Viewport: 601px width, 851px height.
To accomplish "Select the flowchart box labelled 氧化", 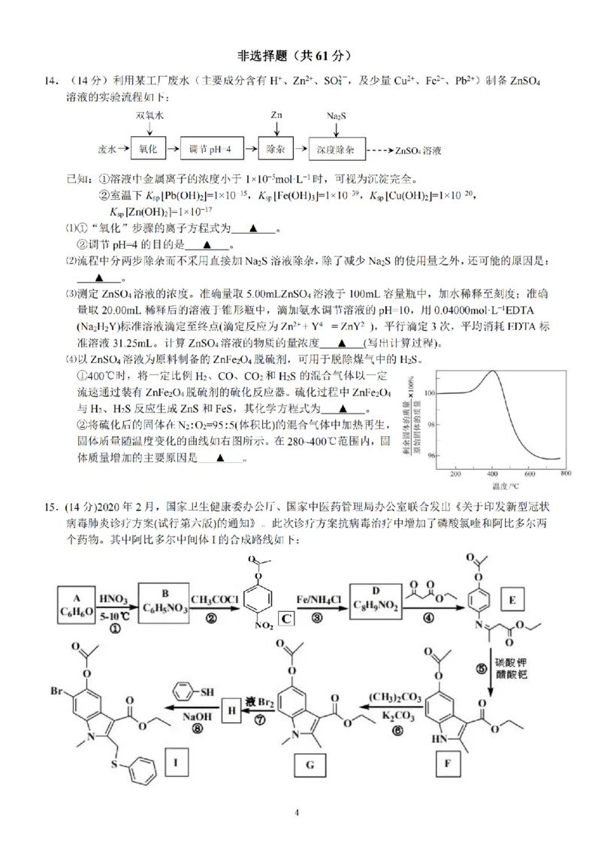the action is click(x=147, y=150).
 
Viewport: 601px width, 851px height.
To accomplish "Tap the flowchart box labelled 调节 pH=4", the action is click(x=211, y=150).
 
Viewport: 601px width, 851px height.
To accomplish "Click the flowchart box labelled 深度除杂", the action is click(x=335, y=150).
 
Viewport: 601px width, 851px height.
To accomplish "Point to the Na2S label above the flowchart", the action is click(x=337, y=117).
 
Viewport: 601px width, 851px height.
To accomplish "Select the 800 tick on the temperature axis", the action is click(x=565, y=474).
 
